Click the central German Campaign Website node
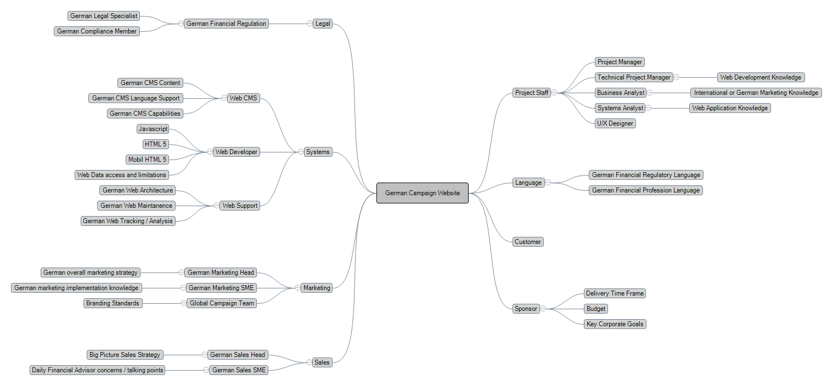pos(422,193)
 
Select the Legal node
pos(323,24)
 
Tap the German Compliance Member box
pos(97,31)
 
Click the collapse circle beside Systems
pos(301,152)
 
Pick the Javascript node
pos(153,129)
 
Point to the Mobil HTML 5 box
pos(147,160)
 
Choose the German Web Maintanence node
pos(137,206)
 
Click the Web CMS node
pos(243,98)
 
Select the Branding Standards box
pos(112,303)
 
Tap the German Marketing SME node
pos(222,288)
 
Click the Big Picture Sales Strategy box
pos(125,355)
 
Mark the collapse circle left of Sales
pos(309,362)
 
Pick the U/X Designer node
pos(615,123)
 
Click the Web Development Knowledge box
pos(761,77)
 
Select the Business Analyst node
pos(621,93)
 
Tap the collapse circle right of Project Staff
pos(554,93)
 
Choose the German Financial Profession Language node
pos(646,190)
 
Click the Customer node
pos(528,242)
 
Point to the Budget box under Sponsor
pos(595,309)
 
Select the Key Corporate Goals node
pos(615,324)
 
